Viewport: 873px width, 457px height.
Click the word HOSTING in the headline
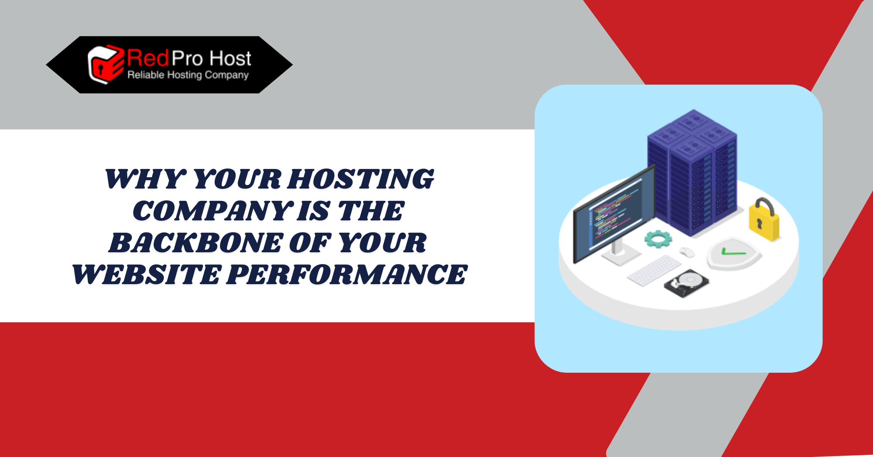click(361, 179)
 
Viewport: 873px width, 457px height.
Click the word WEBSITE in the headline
click(146, 275)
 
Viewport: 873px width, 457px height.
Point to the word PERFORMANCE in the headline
click(347, 275)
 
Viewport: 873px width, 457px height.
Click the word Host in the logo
click(230, 58)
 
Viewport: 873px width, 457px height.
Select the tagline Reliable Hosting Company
click(188, 75)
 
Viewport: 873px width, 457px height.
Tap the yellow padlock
click(764, 220)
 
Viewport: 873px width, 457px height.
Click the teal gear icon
click(658, 239)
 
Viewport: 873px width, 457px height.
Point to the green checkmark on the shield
click(733, 251)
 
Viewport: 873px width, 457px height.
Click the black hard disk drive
click(686, 283)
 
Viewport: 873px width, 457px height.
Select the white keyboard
click(654, 271)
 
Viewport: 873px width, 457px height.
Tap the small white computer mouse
click(687, 252)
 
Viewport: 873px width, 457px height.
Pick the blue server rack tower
click(692, 172)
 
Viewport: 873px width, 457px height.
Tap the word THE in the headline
click(371, 211)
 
